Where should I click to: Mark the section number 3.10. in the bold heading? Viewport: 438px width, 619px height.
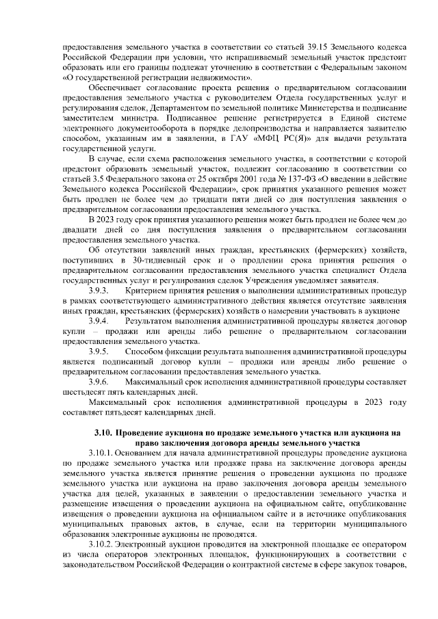tap(103, 433)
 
